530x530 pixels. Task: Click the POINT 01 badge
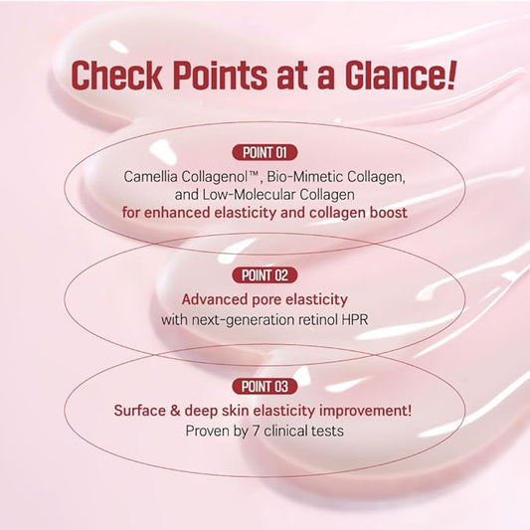(265, 152)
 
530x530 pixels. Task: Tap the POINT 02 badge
(265, 273)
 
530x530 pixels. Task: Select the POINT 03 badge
(265, 386)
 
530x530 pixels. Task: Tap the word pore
(271, 298)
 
